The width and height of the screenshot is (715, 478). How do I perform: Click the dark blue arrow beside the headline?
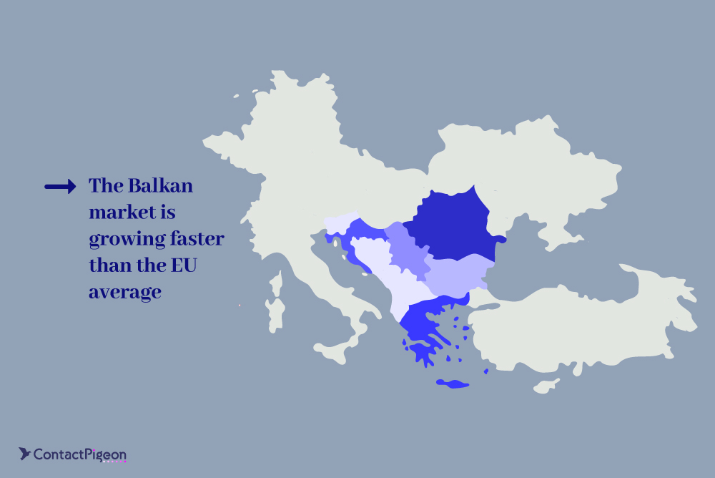pyautogui.click(x=60, y=186)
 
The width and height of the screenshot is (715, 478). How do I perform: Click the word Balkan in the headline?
pyautogui.click(x=160, y=186)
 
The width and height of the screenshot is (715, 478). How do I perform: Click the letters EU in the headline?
pyautogui.click(x=184, y=265)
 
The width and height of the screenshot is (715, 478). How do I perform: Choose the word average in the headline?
pyautogui.click(x=125, y=293)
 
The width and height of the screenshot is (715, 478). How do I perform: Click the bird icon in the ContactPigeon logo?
pyautogui.click(x=24, y=454)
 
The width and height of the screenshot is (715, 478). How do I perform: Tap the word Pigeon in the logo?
pyautogui.click(x=106, y=455)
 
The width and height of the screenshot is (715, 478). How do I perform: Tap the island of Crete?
pyautogui.click(x=453, y=384)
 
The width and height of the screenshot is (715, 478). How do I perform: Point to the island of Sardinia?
pyautogui.click(x=275, y=316)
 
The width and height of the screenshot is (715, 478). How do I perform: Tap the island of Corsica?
pyautogui.click(x=276, y=283)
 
